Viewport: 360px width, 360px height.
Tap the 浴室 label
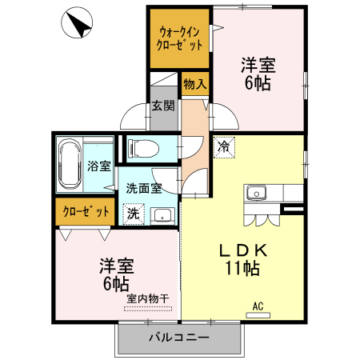point(98,167)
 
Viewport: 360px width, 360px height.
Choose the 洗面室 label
point(144,189)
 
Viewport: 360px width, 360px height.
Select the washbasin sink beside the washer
point(163,216)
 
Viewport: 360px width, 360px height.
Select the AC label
point(258,305)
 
